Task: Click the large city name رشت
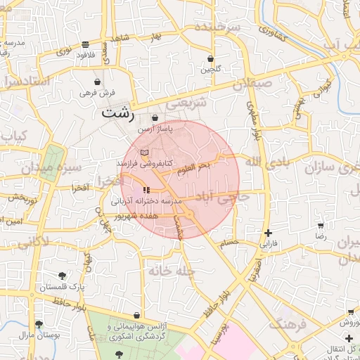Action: point(115,111)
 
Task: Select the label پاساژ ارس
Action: point(154,130)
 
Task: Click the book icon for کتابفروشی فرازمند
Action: point(145,152)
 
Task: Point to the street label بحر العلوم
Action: point(193,167)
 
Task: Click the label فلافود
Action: point(83,54)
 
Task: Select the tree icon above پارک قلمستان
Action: point(63,276)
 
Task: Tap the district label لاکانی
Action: point(31,243)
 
